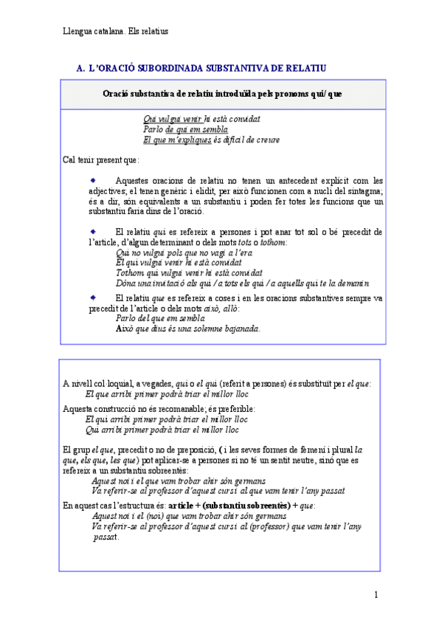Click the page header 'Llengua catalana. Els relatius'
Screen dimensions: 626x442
point(116,31)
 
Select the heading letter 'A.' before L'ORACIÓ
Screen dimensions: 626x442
point(80,69)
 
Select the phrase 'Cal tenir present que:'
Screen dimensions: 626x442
point(101,159)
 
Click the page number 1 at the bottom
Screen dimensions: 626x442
point(376,596)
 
